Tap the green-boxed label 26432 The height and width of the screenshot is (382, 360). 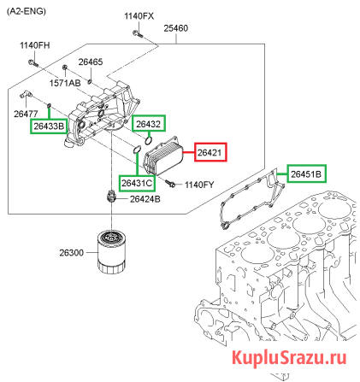[147, 124]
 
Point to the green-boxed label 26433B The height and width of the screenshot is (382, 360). [49, 126]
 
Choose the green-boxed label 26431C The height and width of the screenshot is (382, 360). [137, 183]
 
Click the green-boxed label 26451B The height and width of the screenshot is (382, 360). [306, 174]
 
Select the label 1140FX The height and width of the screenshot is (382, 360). [139, 16]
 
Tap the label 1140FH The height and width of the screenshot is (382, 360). [35, 44]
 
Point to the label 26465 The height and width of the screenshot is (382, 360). [91, 62]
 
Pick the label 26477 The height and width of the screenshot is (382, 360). [25, 113]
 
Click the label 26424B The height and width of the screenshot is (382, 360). [145, 199]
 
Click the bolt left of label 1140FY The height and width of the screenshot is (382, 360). [172, 184]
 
